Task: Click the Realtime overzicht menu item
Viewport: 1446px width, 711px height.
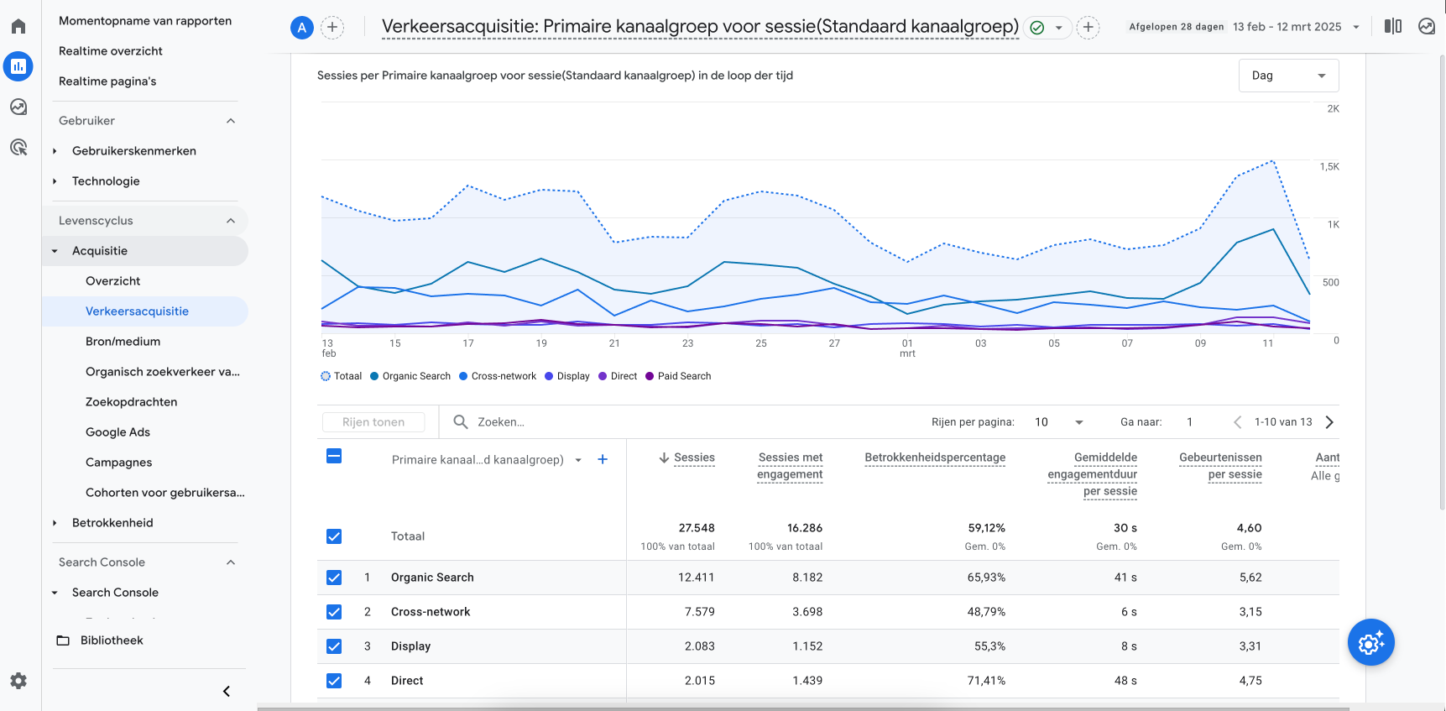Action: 110,51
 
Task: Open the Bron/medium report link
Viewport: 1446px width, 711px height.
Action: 123,342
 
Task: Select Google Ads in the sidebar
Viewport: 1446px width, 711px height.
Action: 117,432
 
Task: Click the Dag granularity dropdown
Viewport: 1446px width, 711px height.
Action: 1287,76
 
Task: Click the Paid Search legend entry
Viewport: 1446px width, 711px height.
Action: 683,376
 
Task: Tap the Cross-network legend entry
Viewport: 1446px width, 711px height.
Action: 503,376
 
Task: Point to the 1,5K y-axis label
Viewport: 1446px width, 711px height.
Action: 1329,167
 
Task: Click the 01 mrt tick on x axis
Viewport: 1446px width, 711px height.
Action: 907,348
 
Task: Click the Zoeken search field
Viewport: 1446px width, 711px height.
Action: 587,422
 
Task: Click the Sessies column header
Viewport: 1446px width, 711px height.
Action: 693,457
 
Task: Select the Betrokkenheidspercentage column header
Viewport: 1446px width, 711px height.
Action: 934,457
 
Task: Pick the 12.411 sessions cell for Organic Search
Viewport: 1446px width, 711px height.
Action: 696,578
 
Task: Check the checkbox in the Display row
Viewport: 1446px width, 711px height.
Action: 334,646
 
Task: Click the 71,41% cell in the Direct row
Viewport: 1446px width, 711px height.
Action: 985,681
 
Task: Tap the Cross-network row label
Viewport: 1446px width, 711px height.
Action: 430,612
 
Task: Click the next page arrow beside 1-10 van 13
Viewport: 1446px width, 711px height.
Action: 1329,422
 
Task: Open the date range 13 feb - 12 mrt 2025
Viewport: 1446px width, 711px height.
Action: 1287,27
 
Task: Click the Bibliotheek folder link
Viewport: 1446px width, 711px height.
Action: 111,640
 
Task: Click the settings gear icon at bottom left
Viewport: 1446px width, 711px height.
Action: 18,681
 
